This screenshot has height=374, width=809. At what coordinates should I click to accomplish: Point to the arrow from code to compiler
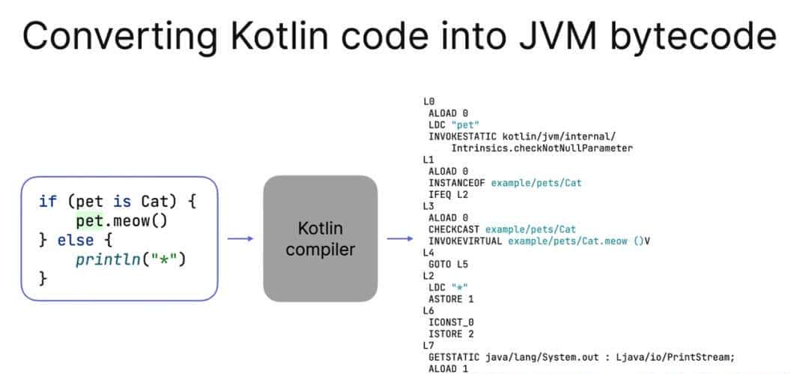point(240,239)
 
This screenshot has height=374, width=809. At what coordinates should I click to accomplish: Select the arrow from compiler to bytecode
point(399,239)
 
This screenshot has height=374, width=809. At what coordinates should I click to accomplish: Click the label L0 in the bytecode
point(428,100)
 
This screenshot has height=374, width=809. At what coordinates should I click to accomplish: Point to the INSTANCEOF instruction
point(457,182)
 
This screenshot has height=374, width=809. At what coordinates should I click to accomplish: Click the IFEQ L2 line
point(449,194)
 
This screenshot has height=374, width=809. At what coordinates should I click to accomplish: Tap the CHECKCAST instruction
point(454,229)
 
